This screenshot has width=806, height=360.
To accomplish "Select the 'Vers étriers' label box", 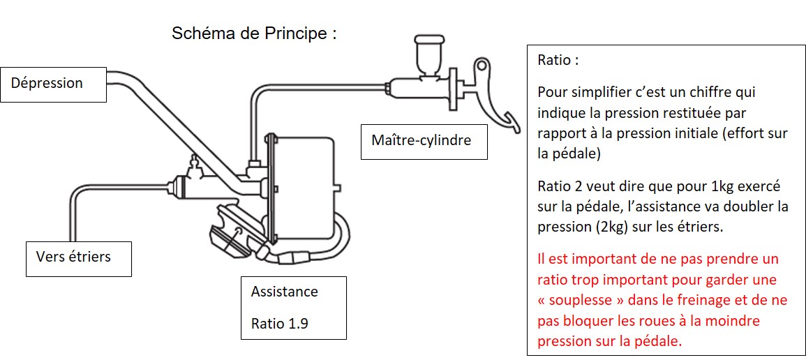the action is (x=79, y=259).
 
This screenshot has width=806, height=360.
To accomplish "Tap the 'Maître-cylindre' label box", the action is (x=424, y=141).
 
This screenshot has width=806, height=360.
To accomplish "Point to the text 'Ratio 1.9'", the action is (x=280, y=324).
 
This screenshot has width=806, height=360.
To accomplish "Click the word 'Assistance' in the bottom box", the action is (x=284, y=292).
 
